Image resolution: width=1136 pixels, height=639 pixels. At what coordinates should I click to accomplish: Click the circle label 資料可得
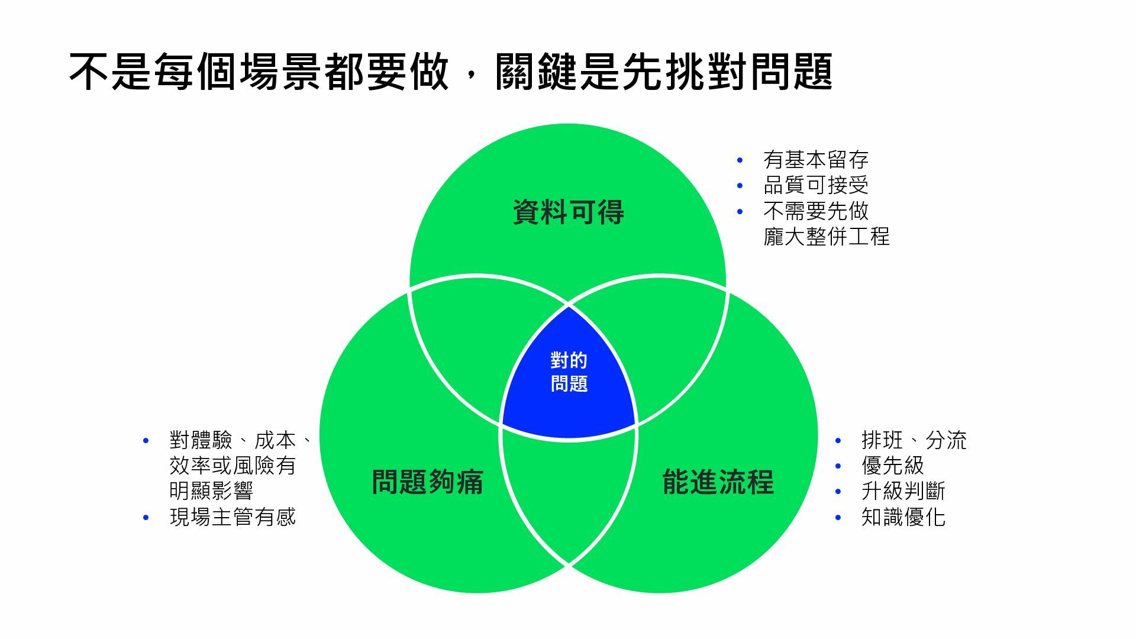point(568,212)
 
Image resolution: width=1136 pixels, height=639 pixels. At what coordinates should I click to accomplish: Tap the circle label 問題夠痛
point(427,482)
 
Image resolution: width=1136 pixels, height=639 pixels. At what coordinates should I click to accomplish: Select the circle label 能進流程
point(718,482)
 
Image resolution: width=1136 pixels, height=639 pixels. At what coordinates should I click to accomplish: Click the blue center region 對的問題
point(569,373)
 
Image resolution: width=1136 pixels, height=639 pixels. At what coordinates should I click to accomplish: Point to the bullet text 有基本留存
point(815,160)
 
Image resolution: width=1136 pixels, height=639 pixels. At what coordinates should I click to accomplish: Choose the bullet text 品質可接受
point(815,185)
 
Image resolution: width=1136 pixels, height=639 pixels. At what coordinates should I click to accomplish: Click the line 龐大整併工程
point(826,237)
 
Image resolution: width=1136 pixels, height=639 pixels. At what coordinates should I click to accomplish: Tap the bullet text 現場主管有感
point(233,517)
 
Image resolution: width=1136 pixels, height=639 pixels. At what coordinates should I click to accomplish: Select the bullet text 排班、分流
point(914,440)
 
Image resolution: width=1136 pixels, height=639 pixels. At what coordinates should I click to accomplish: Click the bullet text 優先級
point(892,466)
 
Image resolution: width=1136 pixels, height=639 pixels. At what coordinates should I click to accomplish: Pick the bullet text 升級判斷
point(903,491)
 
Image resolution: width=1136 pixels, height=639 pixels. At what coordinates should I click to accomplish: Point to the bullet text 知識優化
point(903,517)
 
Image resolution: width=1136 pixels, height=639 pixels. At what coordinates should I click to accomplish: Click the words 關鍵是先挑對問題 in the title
point(664,72)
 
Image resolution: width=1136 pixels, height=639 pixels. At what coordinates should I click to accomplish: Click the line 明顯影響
point(211,491)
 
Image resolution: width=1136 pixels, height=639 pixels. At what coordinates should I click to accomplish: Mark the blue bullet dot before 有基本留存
point(740,160)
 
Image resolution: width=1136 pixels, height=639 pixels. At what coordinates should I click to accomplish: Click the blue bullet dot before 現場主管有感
point(146,518)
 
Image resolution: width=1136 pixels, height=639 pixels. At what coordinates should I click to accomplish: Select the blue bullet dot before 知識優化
point(838,518)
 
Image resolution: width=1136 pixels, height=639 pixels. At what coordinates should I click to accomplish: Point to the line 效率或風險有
point(233,466)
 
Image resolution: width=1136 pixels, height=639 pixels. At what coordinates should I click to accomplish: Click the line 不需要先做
point(815,211)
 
